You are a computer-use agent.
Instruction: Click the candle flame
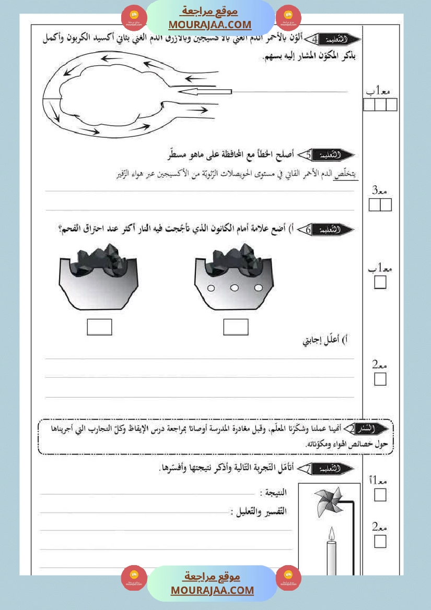pos(331,533)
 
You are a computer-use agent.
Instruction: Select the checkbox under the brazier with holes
pos(236,327)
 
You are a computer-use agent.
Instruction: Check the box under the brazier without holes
pos(99,327)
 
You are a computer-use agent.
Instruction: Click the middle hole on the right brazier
pos(235,288)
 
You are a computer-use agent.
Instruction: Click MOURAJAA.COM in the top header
pos(210,25)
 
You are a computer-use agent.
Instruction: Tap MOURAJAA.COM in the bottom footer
pos(212,590)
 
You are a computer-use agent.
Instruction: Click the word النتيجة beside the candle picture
pos(274,493)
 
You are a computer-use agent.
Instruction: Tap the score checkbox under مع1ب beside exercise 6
pos(380,283)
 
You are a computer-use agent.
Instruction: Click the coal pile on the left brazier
pos(99,258)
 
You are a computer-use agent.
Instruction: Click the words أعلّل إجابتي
pos(326,342)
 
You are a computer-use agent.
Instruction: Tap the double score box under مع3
pos(380,205)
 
